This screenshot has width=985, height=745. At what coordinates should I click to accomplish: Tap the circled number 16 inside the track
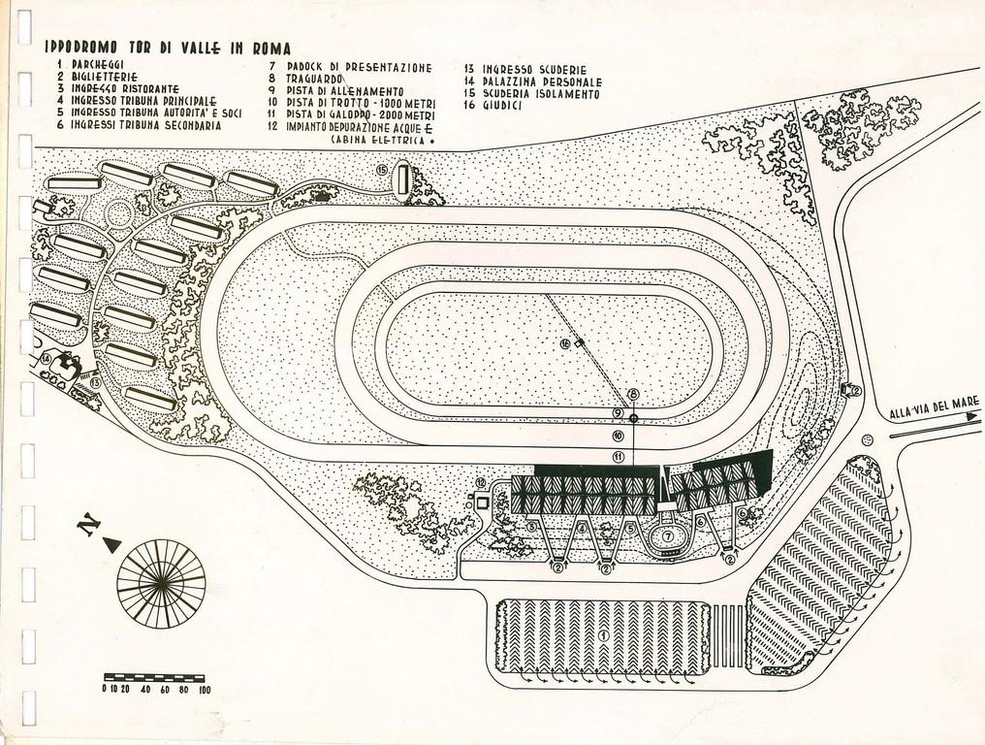[x=566, y=343]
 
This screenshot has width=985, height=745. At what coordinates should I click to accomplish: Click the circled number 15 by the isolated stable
[x=381, y=171]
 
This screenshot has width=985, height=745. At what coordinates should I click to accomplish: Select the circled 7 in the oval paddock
[x=668, y=534]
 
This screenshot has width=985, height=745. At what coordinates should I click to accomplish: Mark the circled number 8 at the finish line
[x=633, y=394]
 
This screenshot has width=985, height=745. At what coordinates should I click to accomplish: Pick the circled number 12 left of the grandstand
[x=480, y=483]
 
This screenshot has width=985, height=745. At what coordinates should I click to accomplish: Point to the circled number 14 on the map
[x=46, y=359]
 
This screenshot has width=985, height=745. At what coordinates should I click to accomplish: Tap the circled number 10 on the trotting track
[x=618, y=435]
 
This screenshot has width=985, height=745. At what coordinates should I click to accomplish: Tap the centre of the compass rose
[x=161, y=583]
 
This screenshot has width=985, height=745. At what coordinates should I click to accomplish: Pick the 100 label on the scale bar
[x=204, y=690]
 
